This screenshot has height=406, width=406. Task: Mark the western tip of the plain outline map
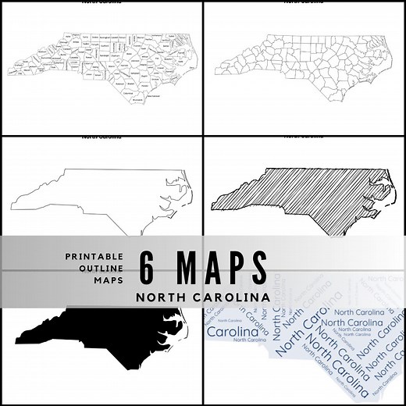pyautogui.click(x=12, y=208)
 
